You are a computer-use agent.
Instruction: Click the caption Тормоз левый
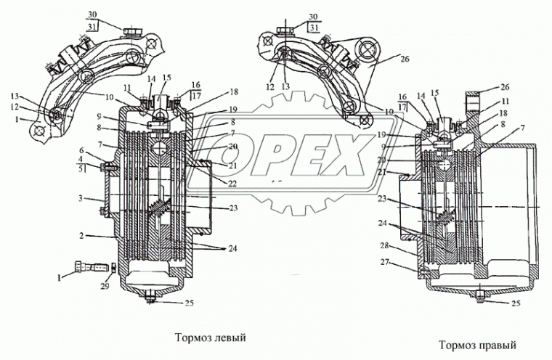pyautogui.click(x=211, y=337)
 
